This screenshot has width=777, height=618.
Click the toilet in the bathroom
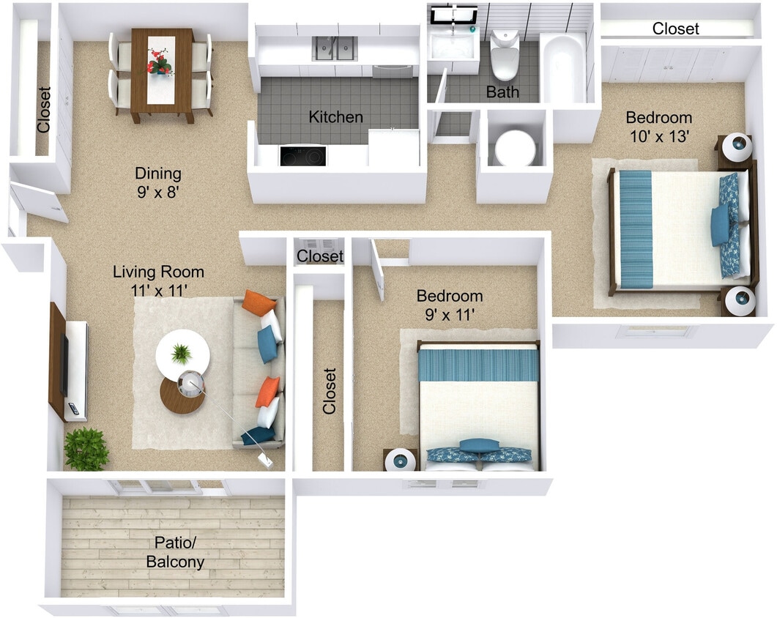505,56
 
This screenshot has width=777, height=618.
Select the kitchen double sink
335,48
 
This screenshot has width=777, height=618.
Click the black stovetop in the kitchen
303,156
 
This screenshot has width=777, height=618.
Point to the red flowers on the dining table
159,62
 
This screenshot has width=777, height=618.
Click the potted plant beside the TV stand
86,449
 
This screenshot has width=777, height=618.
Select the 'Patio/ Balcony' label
175,553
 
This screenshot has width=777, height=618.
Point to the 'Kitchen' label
335,117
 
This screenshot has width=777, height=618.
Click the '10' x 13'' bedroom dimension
658,135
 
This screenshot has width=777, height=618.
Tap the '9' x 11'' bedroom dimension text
449,315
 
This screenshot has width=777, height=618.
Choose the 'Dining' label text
157,174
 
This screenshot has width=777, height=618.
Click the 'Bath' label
502,92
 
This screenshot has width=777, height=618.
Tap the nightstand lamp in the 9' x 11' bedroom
400,461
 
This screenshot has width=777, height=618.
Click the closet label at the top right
675,29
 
